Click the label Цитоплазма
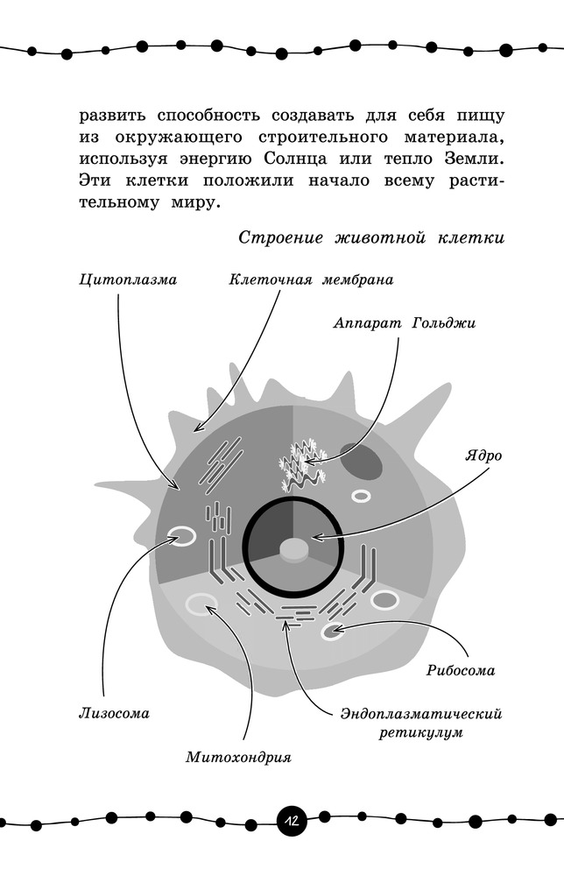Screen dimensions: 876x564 (127, 281)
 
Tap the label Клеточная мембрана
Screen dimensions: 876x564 (311, 281)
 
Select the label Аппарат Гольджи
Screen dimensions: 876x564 (404, 322)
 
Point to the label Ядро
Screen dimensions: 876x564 (484, 456)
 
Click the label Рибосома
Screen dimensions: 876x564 (460, 671)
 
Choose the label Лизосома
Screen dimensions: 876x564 (110, 713)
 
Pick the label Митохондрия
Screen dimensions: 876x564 (238, 757)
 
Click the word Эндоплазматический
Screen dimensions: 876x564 (420, 713)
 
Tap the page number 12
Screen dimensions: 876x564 (290, 822)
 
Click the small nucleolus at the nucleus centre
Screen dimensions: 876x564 (293, 549)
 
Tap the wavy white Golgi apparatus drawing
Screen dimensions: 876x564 (301, 464)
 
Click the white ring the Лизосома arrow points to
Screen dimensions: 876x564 (183, 535)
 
